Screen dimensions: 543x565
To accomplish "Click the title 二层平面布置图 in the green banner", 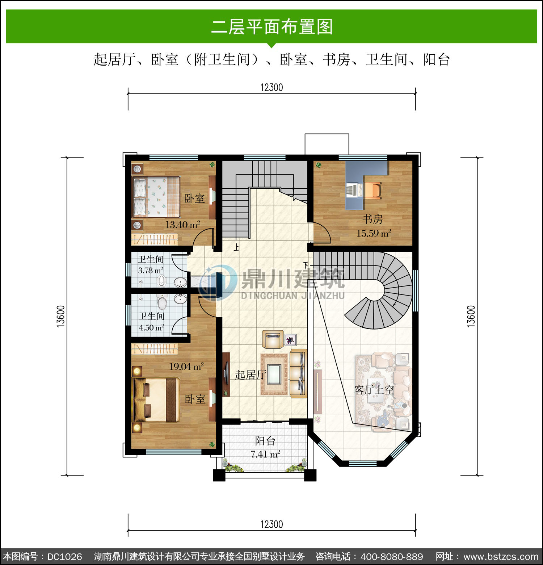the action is coord(272,27).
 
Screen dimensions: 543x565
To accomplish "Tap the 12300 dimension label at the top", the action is coord(271,88).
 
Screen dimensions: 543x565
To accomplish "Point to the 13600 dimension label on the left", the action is coord(61,316).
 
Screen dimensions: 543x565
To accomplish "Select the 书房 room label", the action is coord(373,219).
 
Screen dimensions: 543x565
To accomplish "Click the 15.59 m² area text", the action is coord(374,233).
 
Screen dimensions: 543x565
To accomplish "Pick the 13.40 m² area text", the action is coord(182,225).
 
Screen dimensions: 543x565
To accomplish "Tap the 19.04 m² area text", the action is coord(186,367).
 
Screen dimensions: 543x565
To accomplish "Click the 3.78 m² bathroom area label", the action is coord(151,270).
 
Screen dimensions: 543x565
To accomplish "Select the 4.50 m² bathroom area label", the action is coord(151,327).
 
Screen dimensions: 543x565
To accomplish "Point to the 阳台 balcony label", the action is coord(265,441).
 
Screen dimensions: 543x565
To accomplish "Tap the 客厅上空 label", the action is coord(374,390).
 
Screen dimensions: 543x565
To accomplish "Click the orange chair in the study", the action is coord(373,191).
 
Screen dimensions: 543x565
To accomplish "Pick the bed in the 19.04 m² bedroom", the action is coord(156,400).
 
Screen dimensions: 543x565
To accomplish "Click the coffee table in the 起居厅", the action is coord(274,374).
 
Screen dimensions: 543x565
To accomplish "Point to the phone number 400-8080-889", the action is coord(392,556).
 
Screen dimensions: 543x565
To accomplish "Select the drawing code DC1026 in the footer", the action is coord(64,556).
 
